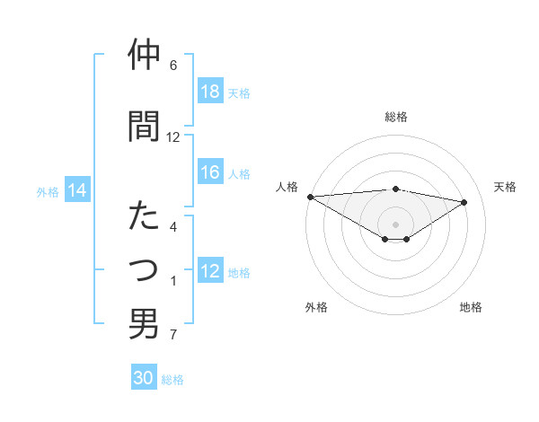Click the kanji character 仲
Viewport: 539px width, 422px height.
(x=144, y=55)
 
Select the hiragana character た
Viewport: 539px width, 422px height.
(x=144, y=216)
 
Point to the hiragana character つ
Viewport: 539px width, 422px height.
(x=144, y=269)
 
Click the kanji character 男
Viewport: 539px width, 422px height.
(x=144, y=324)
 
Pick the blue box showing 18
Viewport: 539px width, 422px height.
(x=210, y=92)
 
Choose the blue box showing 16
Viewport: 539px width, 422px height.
(x=210, y=173)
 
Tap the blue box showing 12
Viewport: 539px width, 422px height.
(x=210, y=272)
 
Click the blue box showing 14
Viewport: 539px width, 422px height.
(x=77, y=190)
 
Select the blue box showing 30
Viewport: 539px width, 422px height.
(x=144, y=378)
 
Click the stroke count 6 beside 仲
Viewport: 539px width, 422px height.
(x=173, y=66)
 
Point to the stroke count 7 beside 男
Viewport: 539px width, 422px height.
(x=173, y=336)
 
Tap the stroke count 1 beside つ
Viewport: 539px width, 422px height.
(x=173, y=282)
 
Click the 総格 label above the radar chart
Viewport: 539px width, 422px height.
(x=395, y=117)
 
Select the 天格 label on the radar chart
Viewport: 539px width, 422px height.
(x=505, y=187)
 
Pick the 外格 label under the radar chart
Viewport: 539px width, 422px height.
(x=315, y=307)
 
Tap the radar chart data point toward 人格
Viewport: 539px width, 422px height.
(x=310, y=197)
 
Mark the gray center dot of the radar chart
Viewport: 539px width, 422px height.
(x=395, y=224)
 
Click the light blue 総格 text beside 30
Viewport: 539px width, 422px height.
(x=172, y=380)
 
